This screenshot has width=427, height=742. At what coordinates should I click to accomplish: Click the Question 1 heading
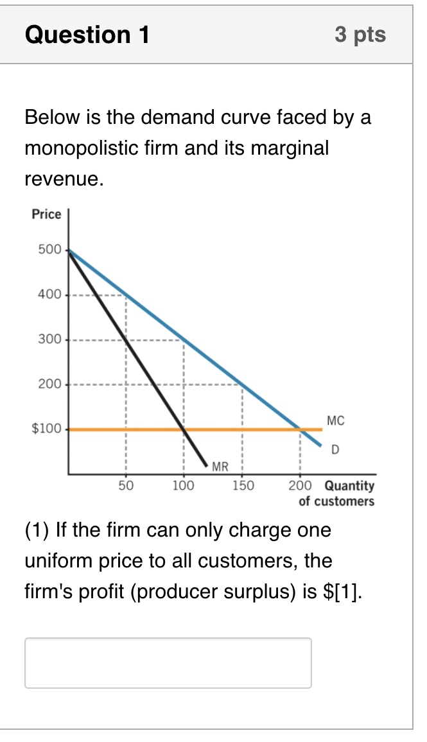click(87, 35)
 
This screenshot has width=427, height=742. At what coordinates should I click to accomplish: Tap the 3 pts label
click(360, 35)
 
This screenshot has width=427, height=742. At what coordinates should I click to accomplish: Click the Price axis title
click(47, 214)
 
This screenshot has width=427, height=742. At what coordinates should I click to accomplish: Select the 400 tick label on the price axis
click(49, 295)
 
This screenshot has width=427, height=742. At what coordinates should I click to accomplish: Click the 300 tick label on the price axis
click(49, 339)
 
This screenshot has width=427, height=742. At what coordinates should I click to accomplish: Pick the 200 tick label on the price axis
click(49, 384)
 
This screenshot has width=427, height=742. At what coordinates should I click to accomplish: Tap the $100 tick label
click(46, 429)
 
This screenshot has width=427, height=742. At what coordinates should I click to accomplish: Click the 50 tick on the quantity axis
click(126, 485)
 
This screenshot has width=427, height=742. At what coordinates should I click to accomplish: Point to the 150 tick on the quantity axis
click(242, 485)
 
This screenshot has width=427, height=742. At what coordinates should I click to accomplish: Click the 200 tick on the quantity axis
click(301, 485)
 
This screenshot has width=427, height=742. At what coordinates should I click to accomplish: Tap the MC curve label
click(335, 421)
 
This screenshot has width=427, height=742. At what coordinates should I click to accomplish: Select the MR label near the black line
click(220, 466)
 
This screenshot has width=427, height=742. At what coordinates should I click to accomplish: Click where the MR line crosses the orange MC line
click(184, 429)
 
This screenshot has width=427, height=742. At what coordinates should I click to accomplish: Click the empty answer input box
click(168, 662)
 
